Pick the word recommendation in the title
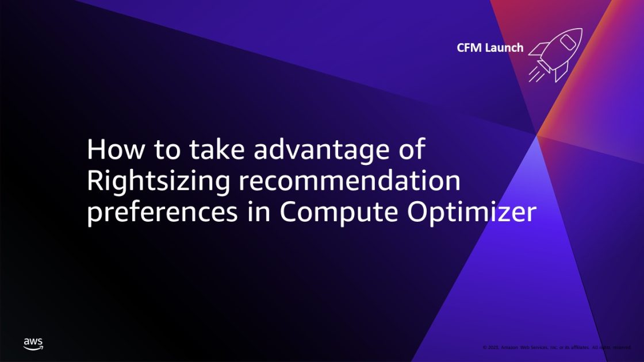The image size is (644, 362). (x=350, y=182)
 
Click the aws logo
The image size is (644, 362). (x=33, y=344)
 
